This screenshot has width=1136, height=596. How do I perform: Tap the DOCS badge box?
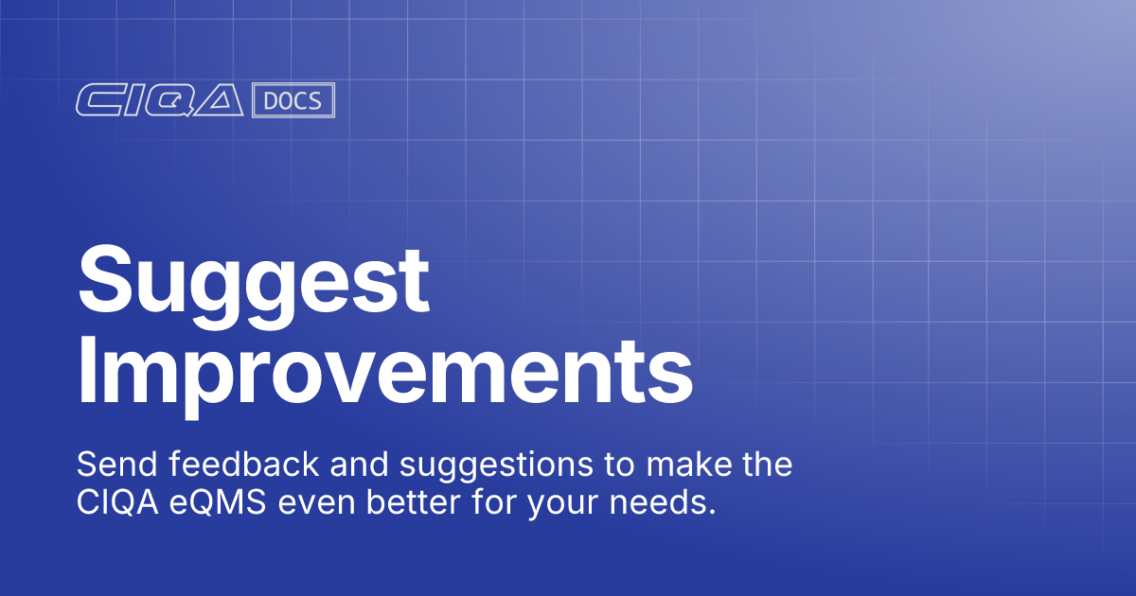coord(293,100)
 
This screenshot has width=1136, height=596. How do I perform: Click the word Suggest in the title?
coord(254,281)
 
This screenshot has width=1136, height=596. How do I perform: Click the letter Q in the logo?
coord(170,100)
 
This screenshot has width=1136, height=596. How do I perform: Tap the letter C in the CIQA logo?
coord(96,100)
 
